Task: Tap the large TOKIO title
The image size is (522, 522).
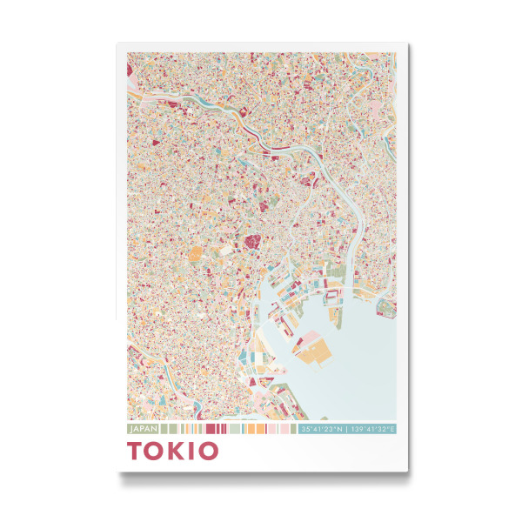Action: coord(173,451)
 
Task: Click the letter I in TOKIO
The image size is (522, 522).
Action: coord(192,451)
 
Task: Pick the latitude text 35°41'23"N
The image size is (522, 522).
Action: coord(321,429)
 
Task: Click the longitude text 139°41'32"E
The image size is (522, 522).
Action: coord(371,429)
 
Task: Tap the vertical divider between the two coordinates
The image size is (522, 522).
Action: coord(346,429)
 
